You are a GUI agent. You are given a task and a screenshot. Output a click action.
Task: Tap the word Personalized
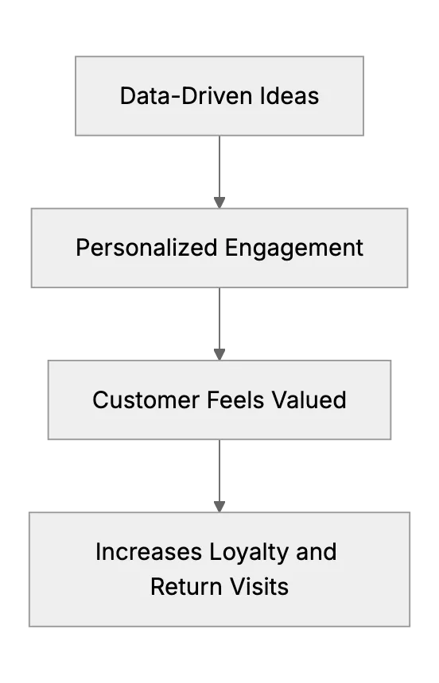[x=146, y=248]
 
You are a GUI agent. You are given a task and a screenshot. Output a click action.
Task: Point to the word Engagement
[x=294, y=249]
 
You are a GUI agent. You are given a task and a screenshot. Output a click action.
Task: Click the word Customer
[x=146, y=399]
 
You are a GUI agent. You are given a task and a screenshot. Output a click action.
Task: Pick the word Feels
[x=235, y=399]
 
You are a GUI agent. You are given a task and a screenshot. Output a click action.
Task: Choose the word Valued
[x=309, y=399]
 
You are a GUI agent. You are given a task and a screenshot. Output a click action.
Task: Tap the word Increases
[x=149, y=552]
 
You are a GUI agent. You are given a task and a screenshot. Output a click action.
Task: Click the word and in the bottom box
[x=317, y=552]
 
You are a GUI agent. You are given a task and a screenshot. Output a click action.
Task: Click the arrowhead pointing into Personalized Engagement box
[x=219, y=203]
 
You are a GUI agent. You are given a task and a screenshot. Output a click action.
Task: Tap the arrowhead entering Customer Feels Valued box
[x=219, y=354]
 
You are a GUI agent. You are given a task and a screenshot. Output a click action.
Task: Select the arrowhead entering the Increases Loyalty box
[x=219, y=507]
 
